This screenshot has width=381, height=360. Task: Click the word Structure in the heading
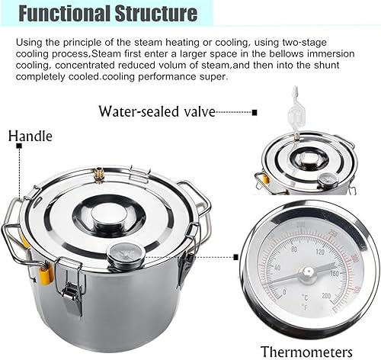156,13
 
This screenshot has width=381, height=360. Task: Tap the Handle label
30,136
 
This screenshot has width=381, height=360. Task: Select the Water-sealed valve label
157,111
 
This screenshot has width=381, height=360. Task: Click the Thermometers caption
306,352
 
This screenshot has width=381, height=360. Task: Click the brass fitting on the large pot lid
98,175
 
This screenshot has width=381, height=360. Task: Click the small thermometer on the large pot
126,255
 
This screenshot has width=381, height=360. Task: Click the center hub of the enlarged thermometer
308,274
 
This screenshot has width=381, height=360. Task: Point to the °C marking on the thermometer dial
305,297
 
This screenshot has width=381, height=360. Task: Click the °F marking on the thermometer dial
306,307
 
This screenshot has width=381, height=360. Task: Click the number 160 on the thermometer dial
335,274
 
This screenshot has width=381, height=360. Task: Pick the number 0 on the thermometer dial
284,292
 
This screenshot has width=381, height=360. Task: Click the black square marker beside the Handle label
19,146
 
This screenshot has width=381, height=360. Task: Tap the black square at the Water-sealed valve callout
255,112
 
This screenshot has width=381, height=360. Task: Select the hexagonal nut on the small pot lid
308,159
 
